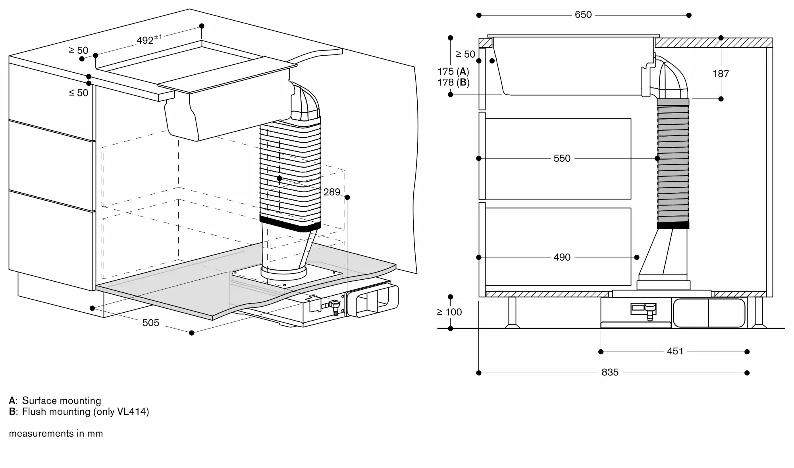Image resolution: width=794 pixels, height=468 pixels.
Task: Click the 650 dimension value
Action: point(583,15)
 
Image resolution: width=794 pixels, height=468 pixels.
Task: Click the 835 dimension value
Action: point(610,372)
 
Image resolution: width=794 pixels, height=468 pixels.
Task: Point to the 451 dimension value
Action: point(675,351)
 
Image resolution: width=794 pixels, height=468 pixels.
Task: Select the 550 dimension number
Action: point(562,158)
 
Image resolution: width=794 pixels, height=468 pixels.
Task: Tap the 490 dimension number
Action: point(562,257)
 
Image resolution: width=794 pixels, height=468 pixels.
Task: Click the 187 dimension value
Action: point(721,73)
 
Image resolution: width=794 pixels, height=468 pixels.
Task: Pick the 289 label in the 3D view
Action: point(332,192)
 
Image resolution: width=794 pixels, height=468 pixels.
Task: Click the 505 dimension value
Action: point(150,323)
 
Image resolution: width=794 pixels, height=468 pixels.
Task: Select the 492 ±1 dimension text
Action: point(149,39)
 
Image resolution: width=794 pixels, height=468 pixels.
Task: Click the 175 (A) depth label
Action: point(453,72)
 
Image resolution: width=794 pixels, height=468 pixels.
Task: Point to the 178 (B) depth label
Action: point(453,83)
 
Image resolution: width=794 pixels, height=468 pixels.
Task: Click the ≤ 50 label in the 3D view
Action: point(78,93)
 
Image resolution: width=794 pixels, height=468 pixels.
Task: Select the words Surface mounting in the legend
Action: point(62,400)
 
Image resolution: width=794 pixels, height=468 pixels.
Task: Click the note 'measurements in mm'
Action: point(56,433)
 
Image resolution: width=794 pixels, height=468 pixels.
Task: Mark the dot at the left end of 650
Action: point(479,15)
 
